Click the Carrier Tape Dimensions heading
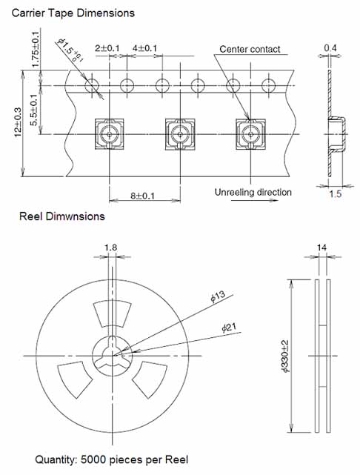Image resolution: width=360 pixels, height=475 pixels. click(x=73, y=13)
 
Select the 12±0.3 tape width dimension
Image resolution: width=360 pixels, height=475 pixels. click(x=18, y=122)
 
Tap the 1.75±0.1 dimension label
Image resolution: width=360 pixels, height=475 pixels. click(x=36, y=49)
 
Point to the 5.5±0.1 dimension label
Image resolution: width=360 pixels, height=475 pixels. click(x=35, y=110)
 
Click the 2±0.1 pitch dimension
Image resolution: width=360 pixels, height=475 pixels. click(x=107, y=48)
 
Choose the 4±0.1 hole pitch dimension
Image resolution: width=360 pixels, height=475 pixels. click(x=144, y=48)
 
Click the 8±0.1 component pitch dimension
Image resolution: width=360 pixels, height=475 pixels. click(x=143, y=196)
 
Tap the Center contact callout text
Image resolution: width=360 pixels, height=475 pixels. click(x=250, y=49)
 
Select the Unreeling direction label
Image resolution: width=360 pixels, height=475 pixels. click(x=253, y=193)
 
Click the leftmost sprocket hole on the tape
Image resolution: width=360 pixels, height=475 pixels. click(x=92, y=85)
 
